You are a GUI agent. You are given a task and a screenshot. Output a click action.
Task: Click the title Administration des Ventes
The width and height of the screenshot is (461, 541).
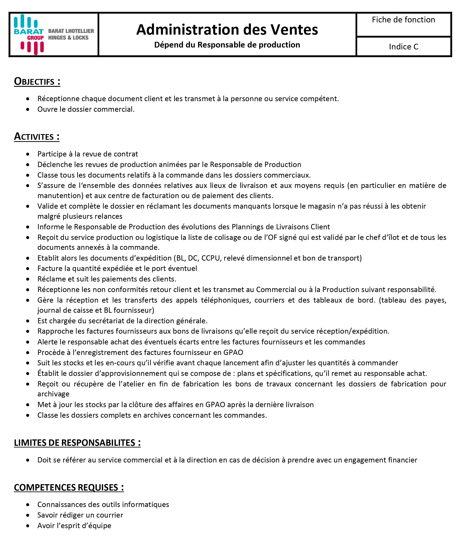tap(227, 30)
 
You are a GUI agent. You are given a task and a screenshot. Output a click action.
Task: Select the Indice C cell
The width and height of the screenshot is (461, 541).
tap(403, 47)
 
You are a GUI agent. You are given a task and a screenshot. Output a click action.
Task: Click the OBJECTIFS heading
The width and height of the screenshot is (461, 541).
tap(37, 82)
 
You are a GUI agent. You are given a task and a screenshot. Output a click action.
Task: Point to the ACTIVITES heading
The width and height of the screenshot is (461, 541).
tap(37, 137)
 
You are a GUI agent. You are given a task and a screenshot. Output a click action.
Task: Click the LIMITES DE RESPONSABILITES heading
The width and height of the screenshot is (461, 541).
tap(77, 443)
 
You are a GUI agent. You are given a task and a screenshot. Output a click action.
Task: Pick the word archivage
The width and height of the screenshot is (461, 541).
tap(53, 394)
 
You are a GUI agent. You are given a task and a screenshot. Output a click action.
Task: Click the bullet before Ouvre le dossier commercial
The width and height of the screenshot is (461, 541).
tap(28, 109)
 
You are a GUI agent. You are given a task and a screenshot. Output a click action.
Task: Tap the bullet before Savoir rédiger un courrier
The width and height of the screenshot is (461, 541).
tap(28, 515)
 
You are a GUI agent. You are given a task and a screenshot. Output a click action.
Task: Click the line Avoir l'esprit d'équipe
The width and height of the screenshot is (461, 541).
tap(74, 526)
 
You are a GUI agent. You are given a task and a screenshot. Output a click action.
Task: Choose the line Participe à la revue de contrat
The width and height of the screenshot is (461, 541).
tap(87, 154)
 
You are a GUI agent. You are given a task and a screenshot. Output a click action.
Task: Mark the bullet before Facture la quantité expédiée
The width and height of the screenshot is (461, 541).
tap(28, 269)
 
